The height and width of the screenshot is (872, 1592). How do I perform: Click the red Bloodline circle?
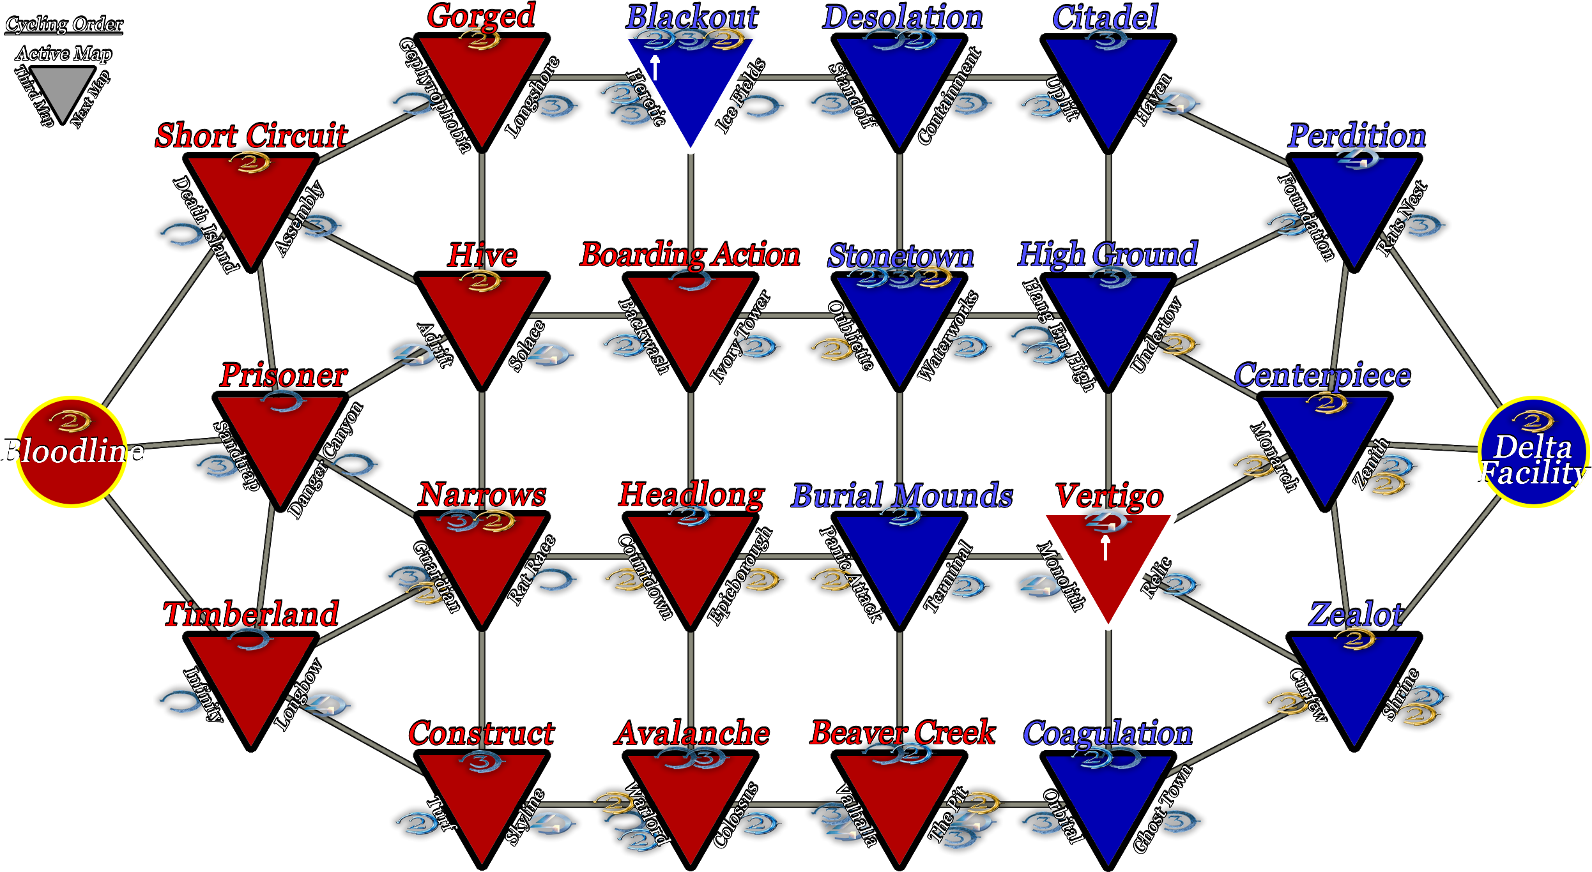(x=72, y=452)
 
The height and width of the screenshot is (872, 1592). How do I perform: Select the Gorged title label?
(x=481, y=16)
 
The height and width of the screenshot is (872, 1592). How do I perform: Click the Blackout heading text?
(x=692, y=17)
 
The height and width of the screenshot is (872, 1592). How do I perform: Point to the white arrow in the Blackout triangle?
(x=655, y=68)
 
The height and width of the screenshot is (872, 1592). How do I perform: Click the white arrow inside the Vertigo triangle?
(x=1106, y=548)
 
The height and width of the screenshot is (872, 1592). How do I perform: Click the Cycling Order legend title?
(x=64, y=24)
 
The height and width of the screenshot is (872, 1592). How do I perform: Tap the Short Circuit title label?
(x=252, y=136)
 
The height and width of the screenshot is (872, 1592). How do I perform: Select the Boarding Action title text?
(x=690, y=255)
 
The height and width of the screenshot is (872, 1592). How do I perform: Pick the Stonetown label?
(x=901, y=256)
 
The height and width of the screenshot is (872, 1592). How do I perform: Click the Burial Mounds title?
(x=902, y=495)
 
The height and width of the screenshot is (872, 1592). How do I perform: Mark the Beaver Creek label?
(x=903, y=733)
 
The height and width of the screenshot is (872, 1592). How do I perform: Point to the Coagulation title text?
(x=1108, y=733)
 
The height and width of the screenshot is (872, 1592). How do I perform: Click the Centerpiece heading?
(x=1322, y=375)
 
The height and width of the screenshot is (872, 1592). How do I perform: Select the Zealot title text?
(x=1356, y=614)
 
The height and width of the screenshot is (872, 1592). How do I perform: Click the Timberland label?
(x=251, y=614)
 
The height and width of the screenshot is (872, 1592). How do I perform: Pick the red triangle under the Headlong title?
(x=691, y=562)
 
